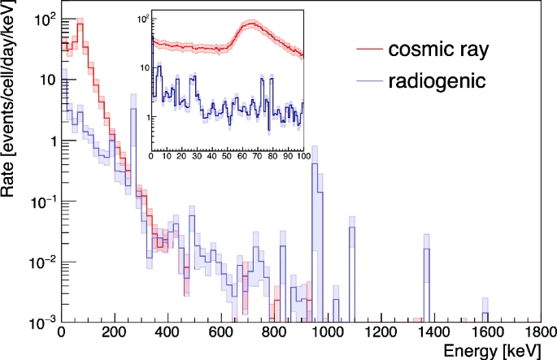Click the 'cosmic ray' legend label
tap(438, 50)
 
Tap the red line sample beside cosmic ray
tap(370, 50)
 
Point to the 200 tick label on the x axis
tap(115, 334)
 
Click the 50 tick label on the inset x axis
tap(227, 157)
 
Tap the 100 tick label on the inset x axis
tap(302, 157)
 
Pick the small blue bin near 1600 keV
tap(485, 313)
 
